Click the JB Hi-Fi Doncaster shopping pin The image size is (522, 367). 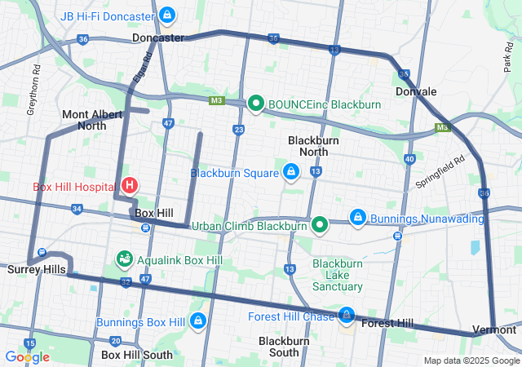click(166, 15)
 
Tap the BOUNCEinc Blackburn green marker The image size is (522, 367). click(255, 103)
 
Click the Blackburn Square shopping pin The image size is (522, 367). click(290, 172)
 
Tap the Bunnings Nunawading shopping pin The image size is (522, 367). click(357, 218)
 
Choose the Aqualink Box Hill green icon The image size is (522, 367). click(124, 259)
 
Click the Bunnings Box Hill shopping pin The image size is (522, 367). click(197, 321)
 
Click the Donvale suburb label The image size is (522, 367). click(416, 92)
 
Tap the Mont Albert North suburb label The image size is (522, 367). click(84, 120)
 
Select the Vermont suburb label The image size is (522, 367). click(497, 329)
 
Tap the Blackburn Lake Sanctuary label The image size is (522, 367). click(338, 275)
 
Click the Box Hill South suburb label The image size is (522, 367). click(137, 355)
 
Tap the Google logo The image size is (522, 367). click(27, 356)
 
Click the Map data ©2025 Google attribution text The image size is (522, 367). click(471, 361)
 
